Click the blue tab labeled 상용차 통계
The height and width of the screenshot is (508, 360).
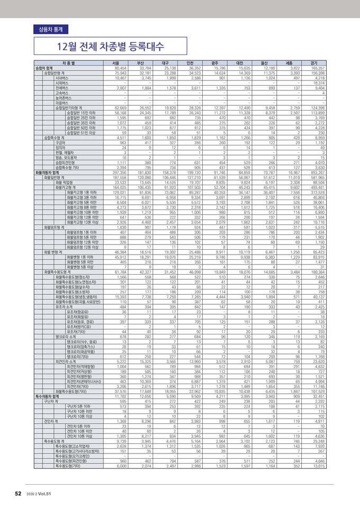(50, 29)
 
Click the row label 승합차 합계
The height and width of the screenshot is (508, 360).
(44, 68)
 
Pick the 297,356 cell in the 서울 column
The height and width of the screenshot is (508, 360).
(119, 173)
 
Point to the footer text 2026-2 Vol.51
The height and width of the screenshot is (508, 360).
(39, 494)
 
